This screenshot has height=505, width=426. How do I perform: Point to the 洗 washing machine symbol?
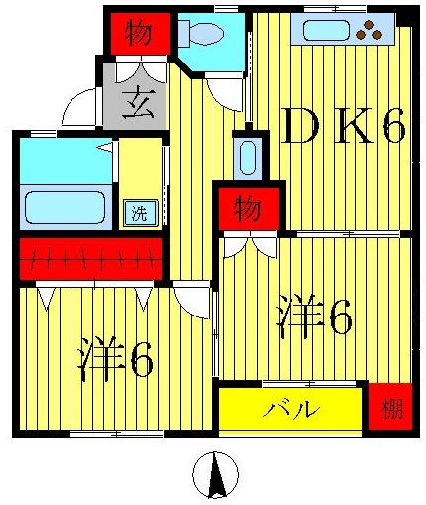coord(140,212)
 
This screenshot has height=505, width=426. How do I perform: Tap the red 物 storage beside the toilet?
coord(138,34)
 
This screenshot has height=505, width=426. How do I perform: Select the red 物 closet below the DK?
coord(247,209)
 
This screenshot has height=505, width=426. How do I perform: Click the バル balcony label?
coord(292,408)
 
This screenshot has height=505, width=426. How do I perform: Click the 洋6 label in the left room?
coord(115,360)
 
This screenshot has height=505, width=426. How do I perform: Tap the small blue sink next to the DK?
coord(247,156)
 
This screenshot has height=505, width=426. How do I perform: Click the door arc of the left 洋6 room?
coord(189,298)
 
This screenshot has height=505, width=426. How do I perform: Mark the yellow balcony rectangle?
coord(292,408)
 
